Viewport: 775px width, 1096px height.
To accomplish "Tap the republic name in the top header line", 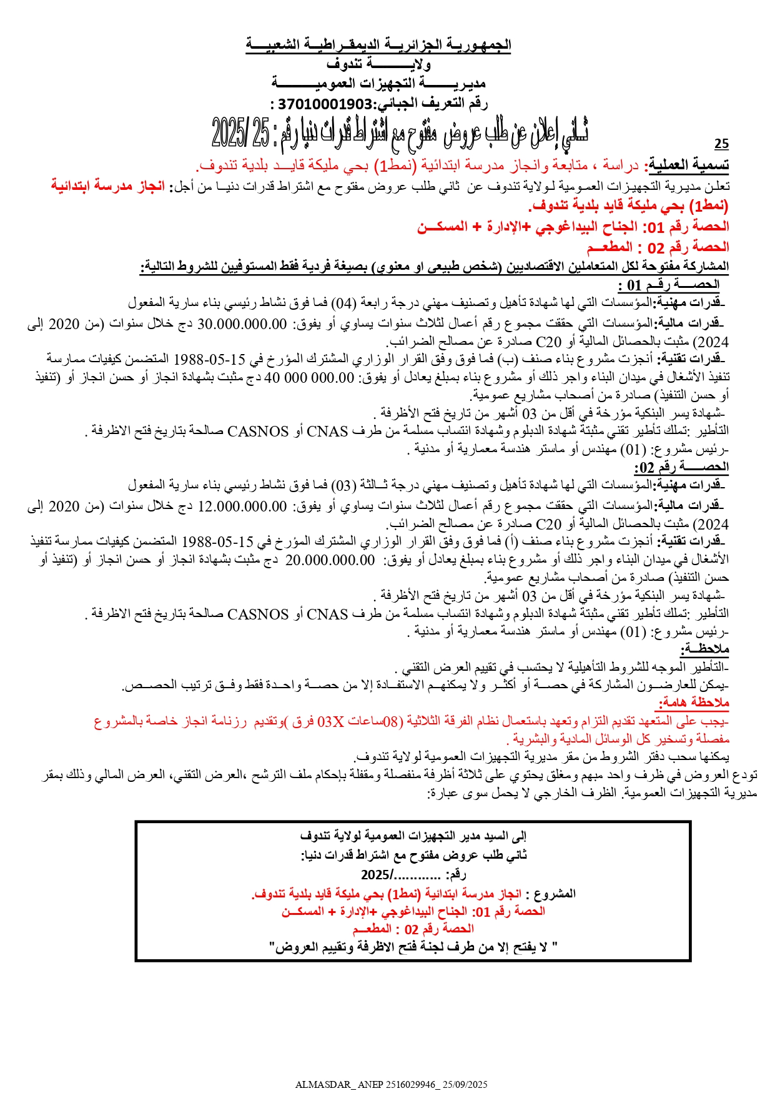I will tap(378, 45).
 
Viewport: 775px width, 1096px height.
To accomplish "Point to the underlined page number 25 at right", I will tap(721, 144).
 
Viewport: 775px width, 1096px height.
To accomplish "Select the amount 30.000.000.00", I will tap(242, 324).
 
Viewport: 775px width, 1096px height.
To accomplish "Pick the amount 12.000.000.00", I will tap(242, 506).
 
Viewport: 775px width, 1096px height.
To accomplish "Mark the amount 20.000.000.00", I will tap(330, 560).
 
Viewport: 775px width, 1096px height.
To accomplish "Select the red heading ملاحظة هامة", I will tap(693, 703).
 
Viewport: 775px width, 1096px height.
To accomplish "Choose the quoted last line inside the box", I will tap(413, 947).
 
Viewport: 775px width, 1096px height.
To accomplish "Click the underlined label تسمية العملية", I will tap(689, 165).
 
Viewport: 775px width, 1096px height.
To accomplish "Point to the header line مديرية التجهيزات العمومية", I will tap(378, 83).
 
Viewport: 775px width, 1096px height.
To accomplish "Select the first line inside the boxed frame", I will tap(413, 836).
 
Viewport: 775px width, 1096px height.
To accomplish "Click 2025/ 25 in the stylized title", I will tap(241, 132).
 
